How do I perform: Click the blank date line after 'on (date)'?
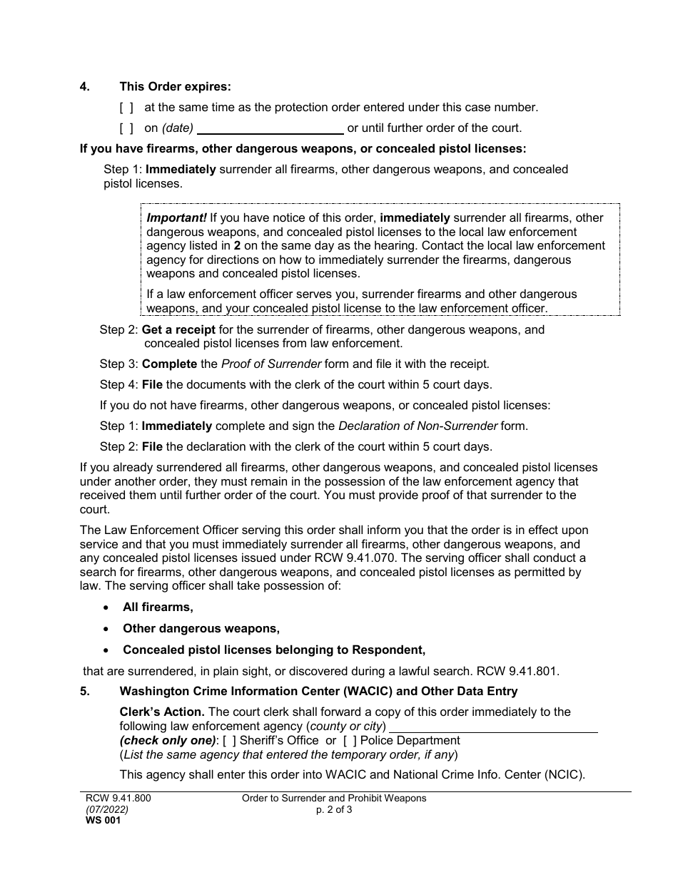click(x=270, y=129)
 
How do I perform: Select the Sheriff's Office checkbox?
click(x=230, y=741)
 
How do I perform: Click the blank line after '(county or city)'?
click(x=493, y=727)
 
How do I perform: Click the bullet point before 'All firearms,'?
click(x=106, y=607)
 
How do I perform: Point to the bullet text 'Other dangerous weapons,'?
click(x=201, y=629)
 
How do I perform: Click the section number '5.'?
click(x=84, y=691)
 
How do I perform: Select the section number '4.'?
click(x=84, y=87)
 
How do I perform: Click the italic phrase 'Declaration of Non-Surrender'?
click(x=418, y=426)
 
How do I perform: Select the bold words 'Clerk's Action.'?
click(x=162, y=712)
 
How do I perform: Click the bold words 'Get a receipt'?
click(x=178, y=330)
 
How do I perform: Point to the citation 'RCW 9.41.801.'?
click(x=523, y=671)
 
